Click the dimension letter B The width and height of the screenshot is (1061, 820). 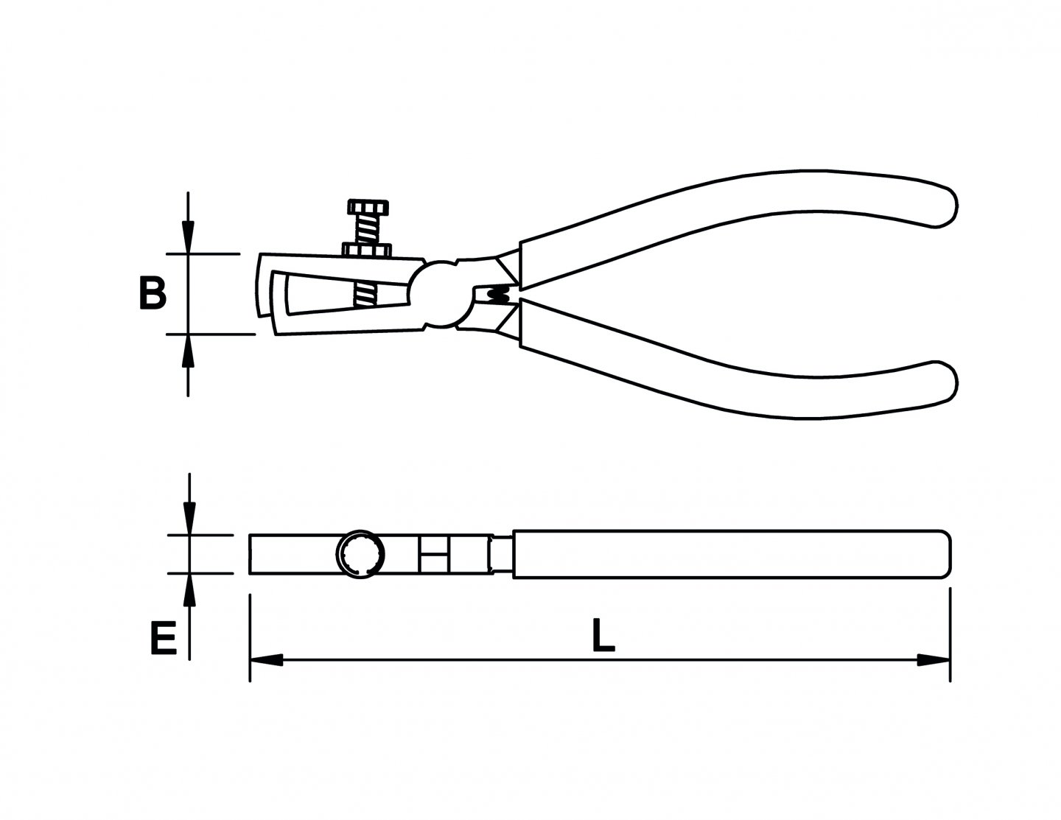point(153,293)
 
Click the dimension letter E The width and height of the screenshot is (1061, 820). point(164,638)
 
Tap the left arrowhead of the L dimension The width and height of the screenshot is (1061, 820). point(265,659)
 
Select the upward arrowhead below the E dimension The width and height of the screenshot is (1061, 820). point(190,589)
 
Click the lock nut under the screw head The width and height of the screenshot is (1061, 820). point(365,250)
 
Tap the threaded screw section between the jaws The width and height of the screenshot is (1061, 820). point(366,295)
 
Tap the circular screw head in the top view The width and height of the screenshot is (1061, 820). point(360,553)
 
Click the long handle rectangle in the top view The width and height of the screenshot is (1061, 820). point(729,553)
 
